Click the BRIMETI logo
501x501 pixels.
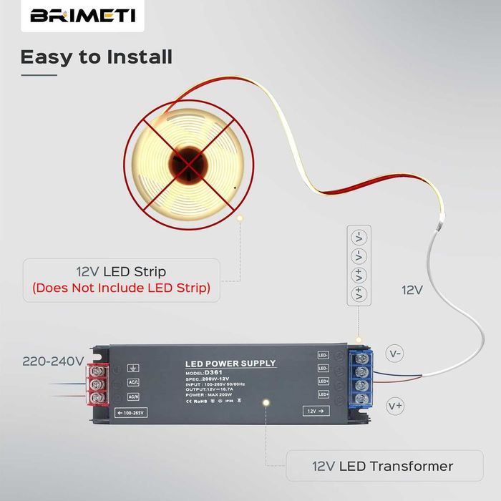click(82, 16)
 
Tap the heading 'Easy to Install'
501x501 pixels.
click(96, 57)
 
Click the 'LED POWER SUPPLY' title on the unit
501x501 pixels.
click(230, 364)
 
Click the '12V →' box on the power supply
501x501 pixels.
click(313, 412)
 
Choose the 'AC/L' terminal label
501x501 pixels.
click(134, 383)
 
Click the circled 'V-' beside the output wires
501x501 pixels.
click(395, 353)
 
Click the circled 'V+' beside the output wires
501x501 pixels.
click(395, 406)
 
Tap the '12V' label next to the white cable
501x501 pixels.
click(412, 290)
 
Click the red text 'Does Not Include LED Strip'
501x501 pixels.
click(121, 288)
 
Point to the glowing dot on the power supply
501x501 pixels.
click(266, 404)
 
